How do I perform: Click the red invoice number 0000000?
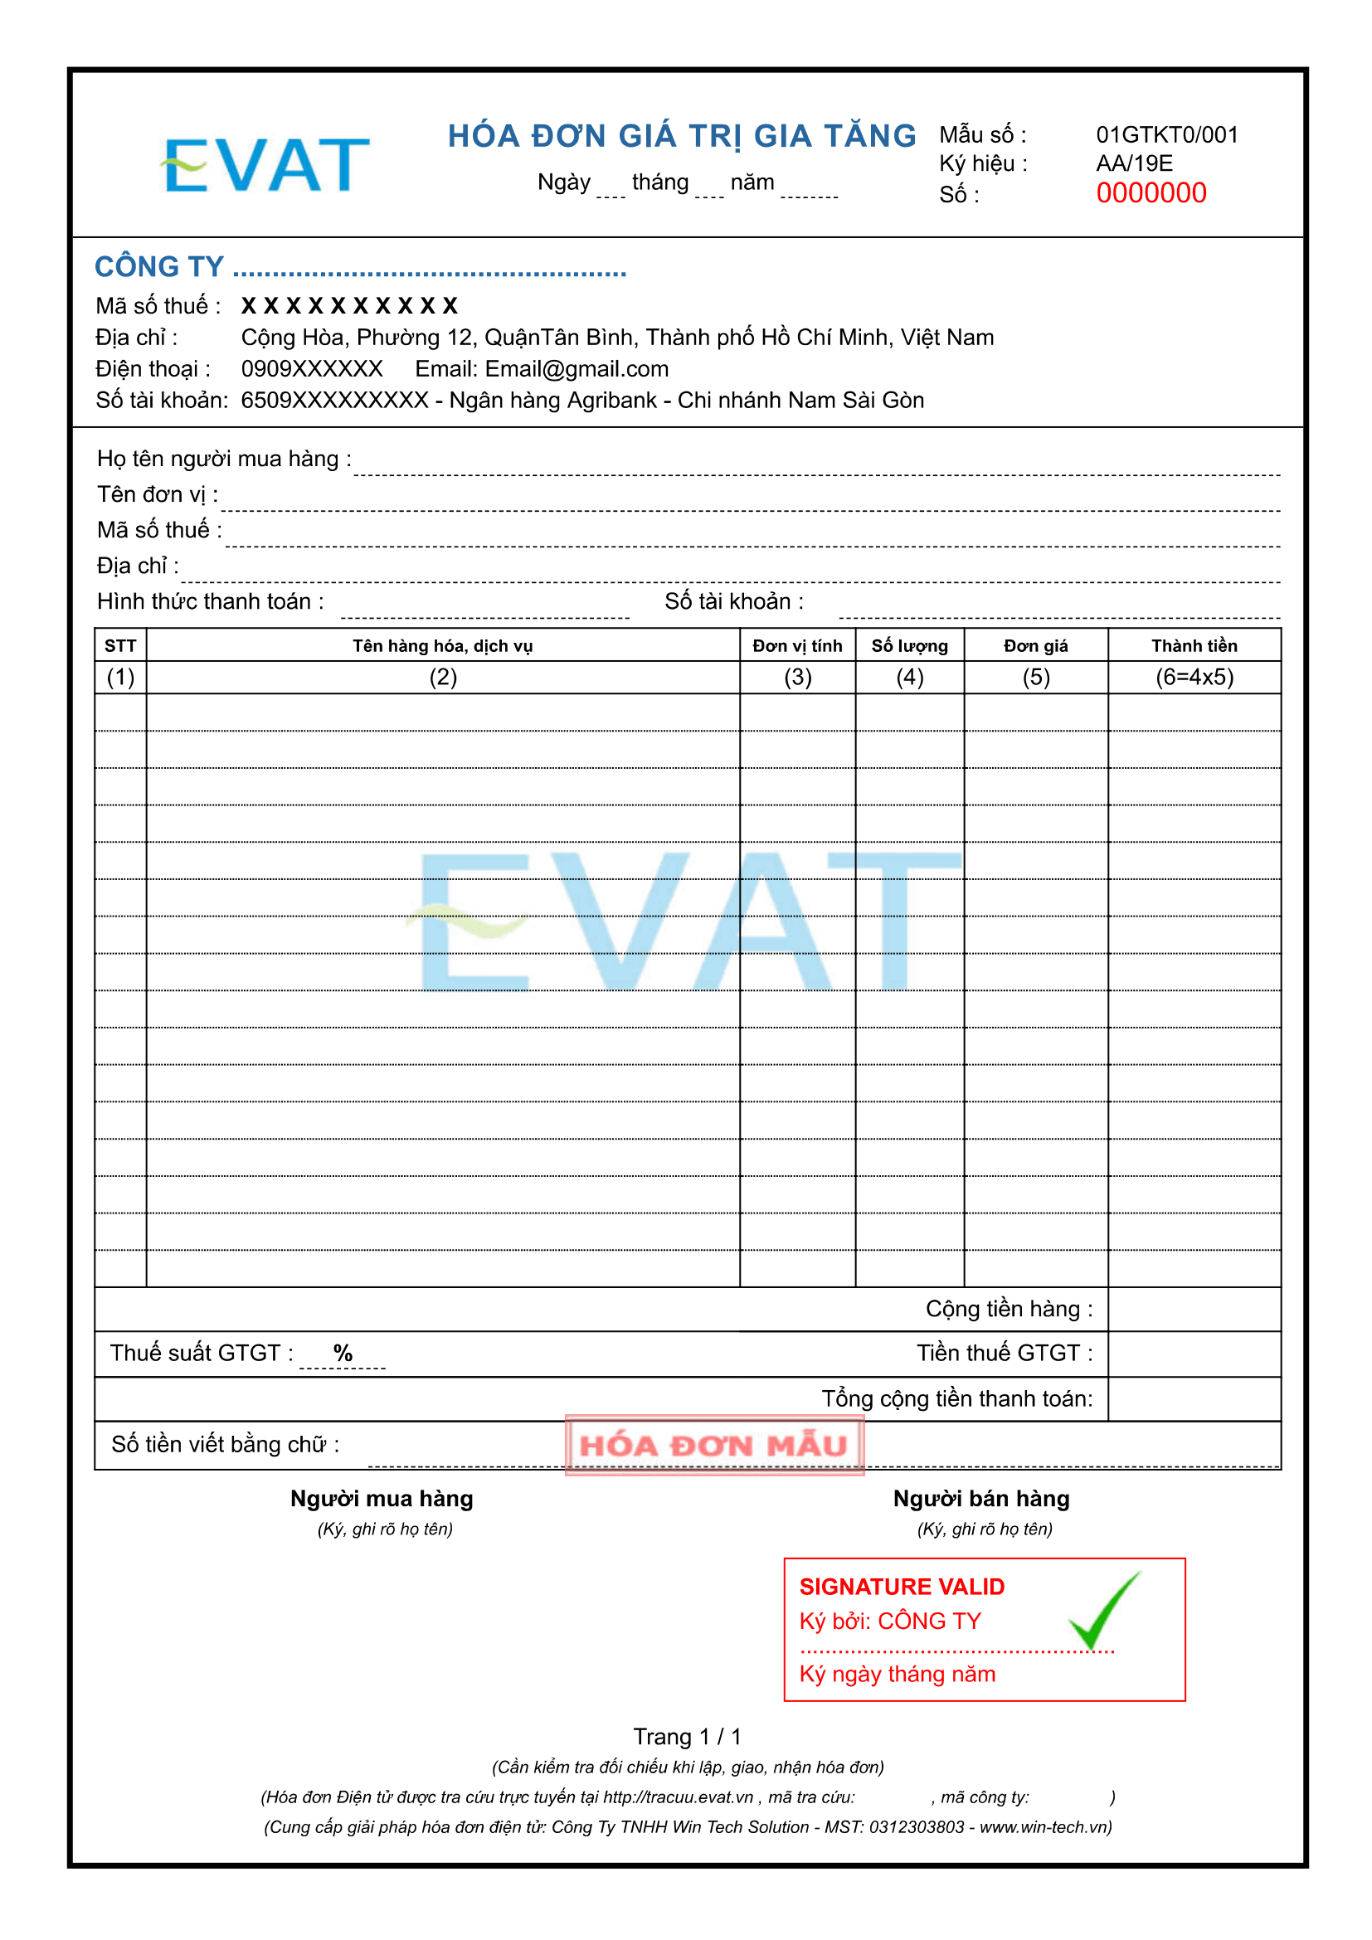1151,193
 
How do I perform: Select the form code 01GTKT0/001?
1167,135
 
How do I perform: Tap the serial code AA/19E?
1135,164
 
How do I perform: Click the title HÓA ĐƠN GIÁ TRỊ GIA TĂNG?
682,136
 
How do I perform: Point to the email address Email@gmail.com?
577,369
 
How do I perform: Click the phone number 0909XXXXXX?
312,369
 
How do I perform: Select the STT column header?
120,646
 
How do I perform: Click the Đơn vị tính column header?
797,646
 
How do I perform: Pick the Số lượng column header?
910,646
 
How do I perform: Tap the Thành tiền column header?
1194,646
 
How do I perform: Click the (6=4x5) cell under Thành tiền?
1194,678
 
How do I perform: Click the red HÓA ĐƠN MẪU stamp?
714,1446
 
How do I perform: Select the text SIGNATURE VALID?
903,1587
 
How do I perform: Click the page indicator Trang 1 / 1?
687,1738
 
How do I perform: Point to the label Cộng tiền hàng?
1009,1310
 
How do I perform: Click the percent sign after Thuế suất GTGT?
342,1354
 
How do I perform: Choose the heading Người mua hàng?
382,1499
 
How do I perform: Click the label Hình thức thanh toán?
211,601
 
